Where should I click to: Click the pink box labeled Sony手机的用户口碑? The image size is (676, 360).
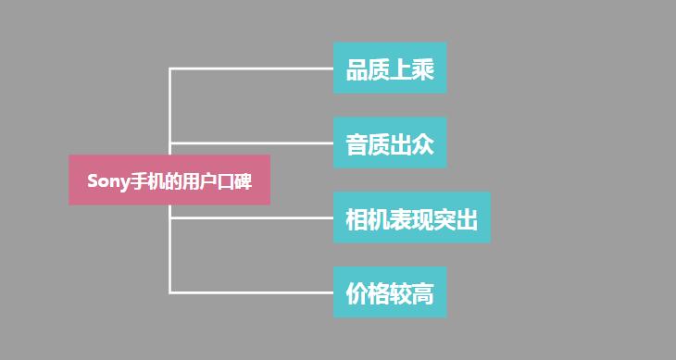pyautogui.click(x=169, y=180)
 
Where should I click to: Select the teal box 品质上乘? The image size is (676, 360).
pyautogui.click(x=390, y=68)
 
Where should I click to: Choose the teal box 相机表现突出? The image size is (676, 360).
pyautogui.click(x=411, y=218)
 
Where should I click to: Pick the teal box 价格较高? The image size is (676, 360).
pyautogui.click(x=390, y=293)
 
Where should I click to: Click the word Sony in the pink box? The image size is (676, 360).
pyautogui.click(x=106, y=180)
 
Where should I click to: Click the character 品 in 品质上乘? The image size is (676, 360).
pyautogui.click(x=357, y=69)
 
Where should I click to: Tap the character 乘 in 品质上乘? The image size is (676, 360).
pyautogui.click(x=423, y=69)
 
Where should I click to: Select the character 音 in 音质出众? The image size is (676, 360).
pyautogui.click(x=357, y=144)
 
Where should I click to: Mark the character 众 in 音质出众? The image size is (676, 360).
pyautogui.click(x=423, y=144)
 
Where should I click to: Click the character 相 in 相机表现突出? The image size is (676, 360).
pyautogui.click(x=357, y=219)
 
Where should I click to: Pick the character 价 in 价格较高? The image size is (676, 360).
pyautogui.click(x=357, y=294)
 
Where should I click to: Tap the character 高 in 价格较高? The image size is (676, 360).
pyautogui.click(x=423, y=294)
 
